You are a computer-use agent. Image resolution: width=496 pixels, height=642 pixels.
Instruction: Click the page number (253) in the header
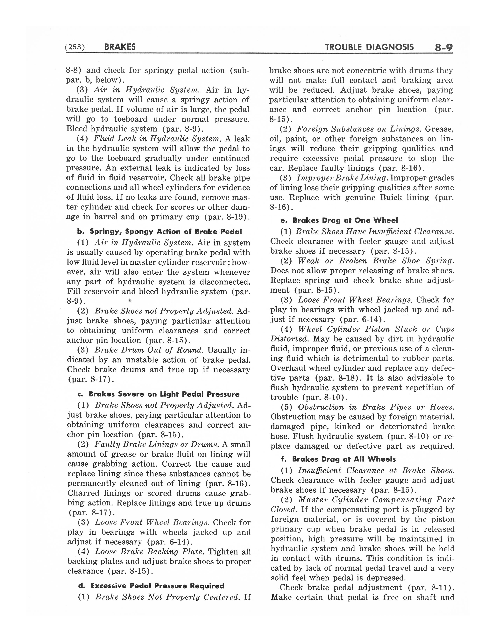point(75,47)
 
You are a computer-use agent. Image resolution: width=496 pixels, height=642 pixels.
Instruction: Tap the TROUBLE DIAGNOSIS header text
point(369,47)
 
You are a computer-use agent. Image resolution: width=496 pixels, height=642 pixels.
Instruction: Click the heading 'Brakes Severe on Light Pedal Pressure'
point(164,394)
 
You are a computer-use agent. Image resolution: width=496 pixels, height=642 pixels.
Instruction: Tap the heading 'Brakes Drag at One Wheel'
point(345,220)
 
